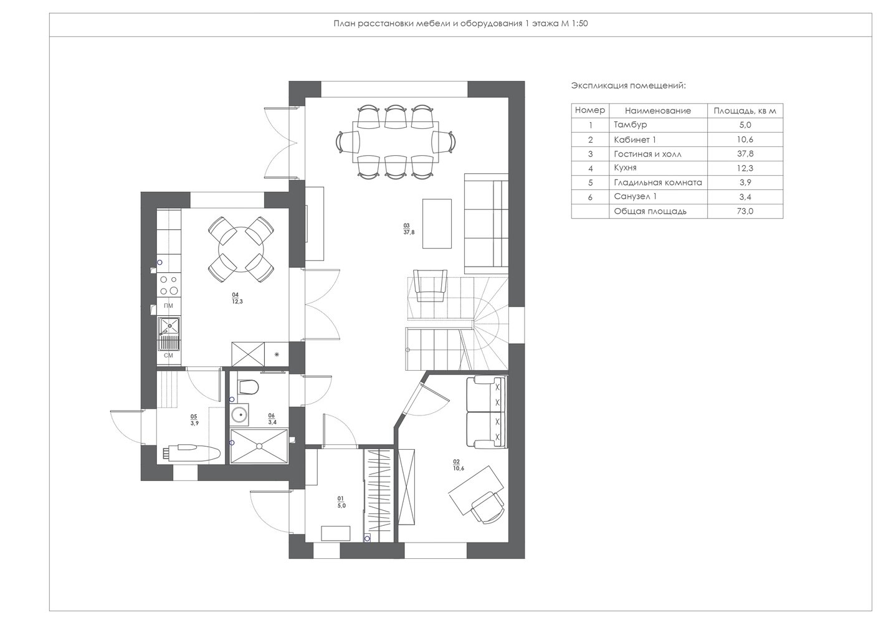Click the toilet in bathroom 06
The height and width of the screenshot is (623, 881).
248,386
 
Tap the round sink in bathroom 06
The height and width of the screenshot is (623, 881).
239,414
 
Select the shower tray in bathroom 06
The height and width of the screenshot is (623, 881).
259,446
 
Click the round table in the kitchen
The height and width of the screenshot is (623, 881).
240,249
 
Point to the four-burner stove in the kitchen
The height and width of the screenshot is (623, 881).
168,285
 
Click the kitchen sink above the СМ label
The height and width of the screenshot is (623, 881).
169,333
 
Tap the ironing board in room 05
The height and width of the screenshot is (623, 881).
191,452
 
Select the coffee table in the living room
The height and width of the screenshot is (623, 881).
437,224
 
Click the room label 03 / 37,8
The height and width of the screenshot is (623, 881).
409,229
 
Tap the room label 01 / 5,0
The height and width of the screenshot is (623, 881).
341,502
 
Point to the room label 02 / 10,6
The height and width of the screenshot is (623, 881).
459,465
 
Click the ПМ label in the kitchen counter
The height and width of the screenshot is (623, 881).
168,306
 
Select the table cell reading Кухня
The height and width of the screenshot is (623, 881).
625,168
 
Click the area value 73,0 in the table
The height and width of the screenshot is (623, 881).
745,211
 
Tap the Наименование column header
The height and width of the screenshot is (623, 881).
658,110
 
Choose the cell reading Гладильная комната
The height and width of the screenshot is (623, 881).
658,183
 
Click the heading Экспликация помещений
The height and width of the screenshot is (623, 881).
629,86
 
